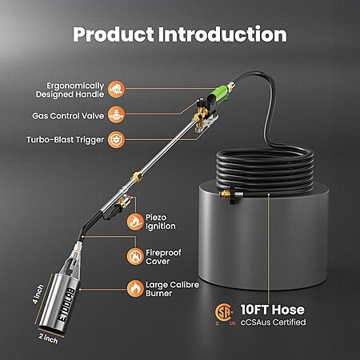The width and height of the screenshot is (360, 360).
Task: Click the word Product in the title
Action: click(x=114, y=35)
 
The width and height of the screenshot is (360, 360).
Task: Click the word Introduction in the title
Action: click(x=223, y=34)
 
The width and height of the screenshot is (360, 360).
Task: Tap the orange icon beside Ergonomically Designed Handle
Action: click(x=116, y=89)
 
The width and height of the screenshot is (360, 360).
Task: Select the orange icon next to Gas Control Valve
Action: click(x=116, y=114)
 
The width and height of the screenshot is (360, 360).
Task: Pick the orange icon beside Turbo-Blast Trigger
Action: click(x=116, y=139)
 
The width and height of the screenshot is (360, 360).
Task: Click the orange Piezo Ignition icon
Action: click(x=135, y=222)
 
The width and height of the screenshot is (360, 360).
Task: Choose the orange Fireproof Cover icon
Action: click(x=135, y=257)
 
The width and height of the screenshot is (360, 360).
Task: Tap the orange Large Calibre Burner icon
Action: click(x=135, y=289)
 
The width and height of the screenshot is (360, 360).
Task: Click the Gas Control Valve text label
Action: click(x=68, y=116)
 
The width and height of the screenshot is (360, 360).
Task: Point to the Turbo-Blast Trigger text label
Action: click(x=65, y=140)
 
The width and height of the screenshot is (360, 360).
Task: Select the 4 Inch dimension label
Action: click(x=38, y=294)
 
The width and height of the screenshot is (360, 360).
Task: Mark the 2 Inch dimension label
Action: click(x=48, y=338)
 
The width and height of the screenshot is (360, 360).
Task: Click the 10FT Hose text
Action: click(x=273, y=310)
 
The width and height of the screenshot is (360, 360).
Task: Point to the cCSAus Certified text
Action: click(x=274, y=322)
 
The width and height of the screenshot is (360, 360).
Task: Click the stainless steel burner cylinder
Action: click(x=59, y=302)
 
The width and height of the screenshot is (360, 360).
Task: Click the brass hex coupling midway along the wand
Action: click(x=137, y=177)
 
